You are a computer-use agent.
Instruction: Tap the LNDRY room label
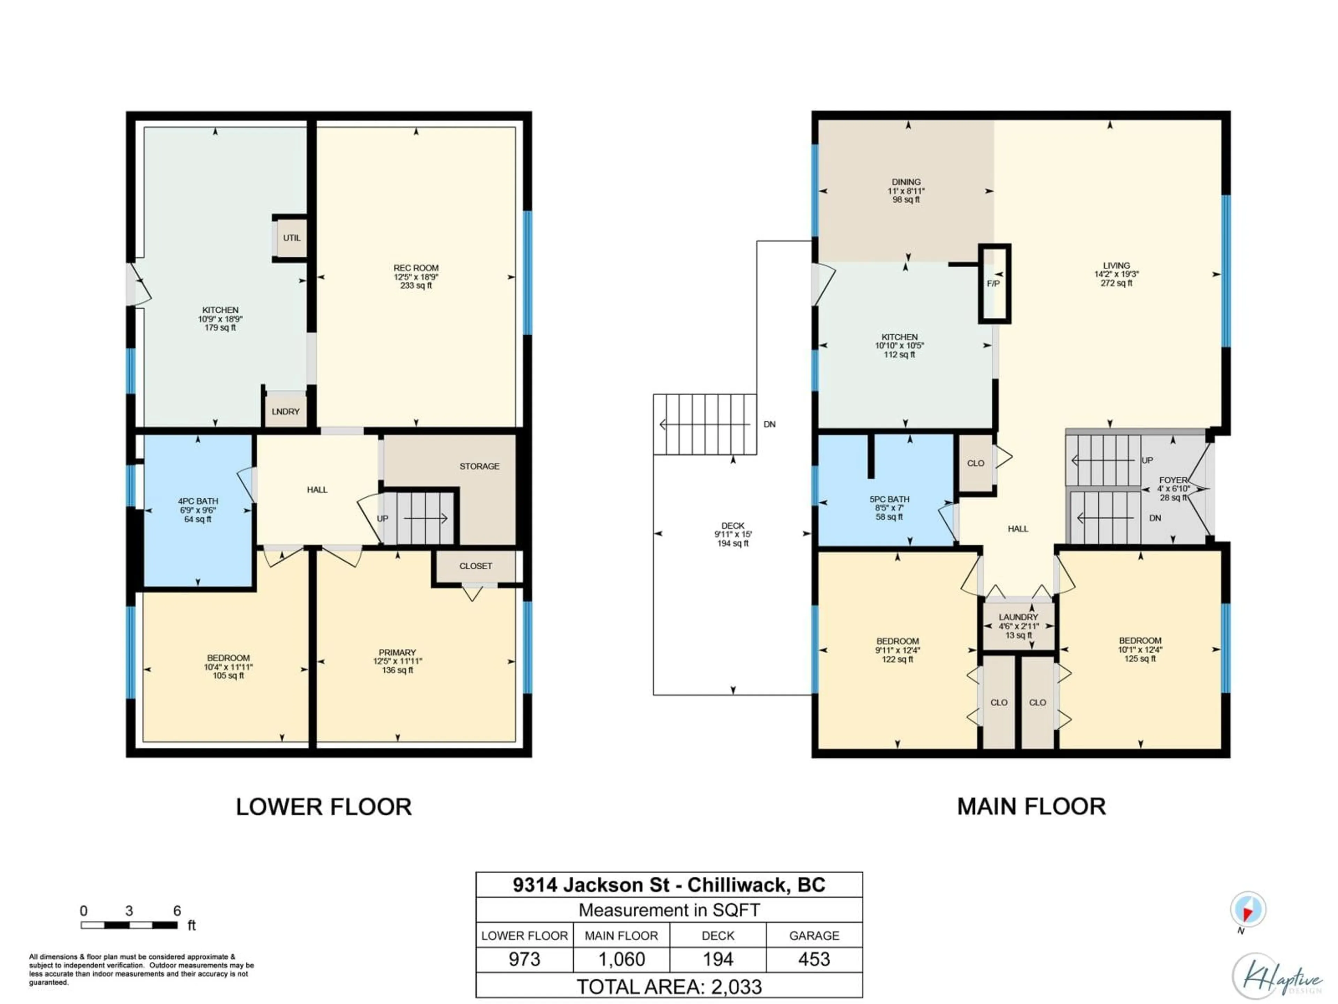click(285, 411)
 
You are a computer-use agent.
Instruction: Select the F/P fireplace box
click(994, 283)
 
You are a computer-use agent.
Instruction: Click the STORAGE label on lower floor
click(479, 466)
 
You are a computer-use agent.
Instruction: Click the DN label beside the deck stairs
click(769, 424)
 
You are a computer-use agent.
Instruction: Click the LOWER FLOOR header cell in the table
click(524, 936)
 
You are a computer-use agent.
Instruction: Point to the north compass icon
click(1247, 910)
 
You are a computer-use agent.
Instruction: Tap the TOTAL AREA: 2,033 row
click(669, 987)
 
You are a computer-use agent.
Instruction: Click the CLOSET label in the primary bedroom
click(475, 566)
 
